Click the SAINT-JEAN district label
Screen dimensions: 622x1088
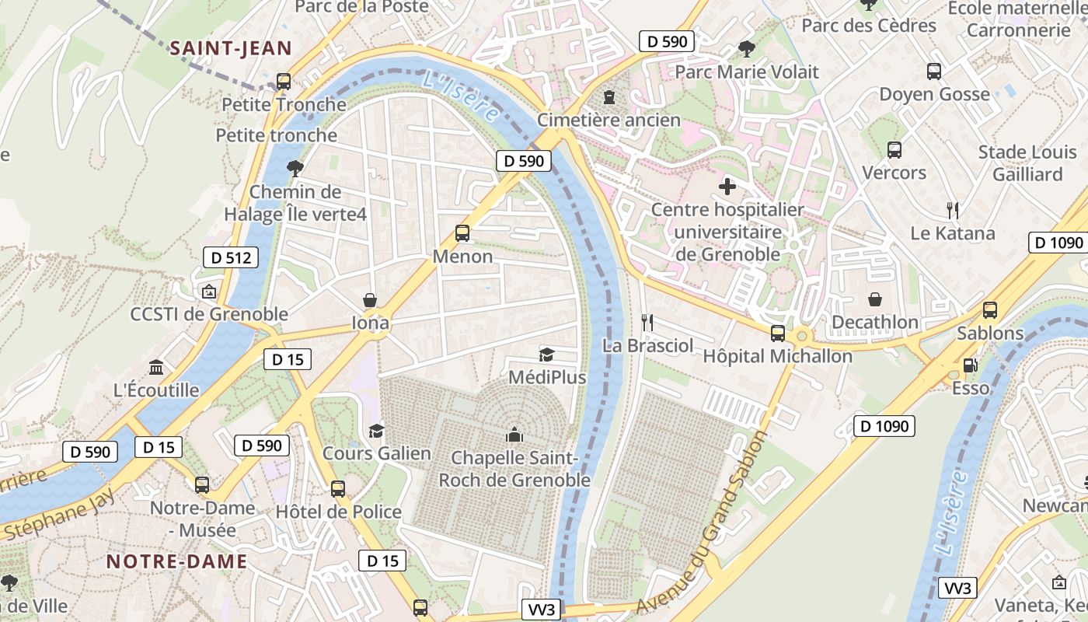pos(231,48)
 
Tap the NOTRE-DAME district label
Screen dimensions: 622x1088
pos(176,561)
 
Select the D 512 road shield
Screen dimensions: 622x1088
pos(231,257)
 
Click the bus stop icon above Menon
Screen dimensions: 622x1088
pos(462,232)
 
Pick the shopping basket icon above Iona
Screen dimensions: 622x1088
pos(370,300)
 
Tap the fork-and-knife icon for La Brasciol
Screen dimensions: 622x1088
pos(647,322)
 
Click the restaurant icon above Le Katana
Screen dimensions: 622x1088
pos(953,210)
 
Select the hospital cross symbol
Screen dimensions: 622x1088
pos(727,187)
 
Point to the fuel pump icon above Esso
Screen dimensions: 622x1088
pos(970,365)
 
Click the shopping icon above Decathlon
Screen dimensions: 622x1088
pos(875,299)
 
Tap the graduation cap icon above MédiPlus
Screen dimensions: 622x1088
pos(547,355)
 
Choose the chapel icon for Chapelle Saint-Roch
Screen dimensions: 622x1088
pos(514,435)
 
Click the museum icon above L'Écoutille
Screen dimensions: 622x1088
pos(156,367)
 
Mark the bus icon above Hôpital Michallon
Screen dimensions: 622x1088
pos(777,334)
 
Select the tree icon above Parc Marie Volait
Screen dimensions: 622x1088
pos(746,49)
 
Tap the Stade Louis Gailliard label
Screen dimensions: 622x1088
pos(1027,162)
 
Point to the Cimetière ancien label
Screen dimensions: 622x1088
pos(609,121)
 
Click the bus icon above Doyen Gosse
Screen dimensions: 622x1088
pos(934,72)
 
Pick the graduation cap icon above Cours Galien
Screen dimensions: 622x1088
pos(377,431)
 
